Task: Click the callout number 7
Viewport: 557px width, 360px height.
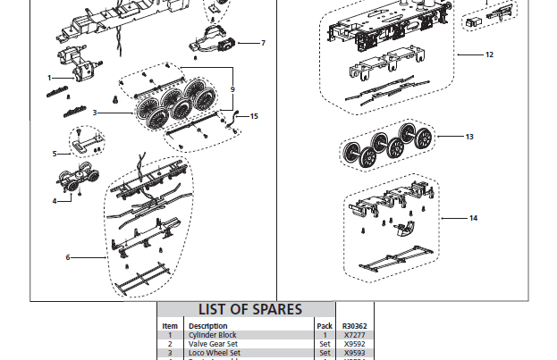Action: (263, 43)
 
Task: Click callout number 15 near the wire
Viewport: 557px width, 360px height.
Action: (255, 116)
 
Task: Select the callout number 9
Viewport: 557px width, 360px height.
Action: (232, 89)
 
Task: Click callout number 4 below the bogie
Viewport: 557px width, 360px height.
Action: (55, 201)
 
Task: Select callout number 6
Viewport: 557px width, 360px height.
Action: (68, 257)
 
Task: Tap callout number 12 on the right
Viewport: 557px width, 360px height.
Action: (489, 54)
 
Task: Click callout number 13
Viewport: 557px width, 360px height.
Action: (469, 137)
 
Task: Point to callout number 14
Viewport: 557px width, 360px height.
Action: (473, 218)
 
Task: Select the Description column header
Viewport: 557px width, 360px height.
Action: (207, 326)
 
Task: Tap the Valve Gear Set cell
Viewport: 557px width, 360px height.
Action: (213, 344)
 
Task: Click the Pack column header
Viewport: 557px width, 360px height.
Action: (325, 326)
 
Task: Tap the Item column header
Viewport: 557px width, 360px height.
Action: (170, 326)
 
